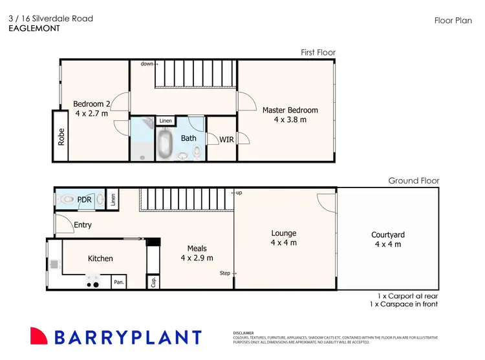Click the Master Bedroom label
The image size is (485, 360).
coord(290,110)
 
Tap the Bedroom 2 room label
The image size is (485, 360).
coord(91,104)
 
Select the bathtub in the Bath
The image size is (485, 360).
coord(165,145)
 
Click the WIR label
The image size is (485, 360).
coord(226,139)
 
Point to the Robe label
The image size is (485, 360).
coord(61,136)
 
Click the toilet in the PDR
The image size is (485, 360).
coord(67,200)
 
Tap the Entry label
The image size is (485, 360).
coord(83,225)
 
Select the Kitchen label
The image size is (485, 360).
coord(100,259)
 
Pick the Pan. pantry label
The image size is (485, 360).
coord(119,282)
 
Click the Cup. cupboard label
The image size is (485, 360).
coord(153,282)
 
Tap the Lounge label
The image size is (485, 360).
coord(284,233)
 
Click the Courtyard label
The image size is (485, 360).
coord(388,235)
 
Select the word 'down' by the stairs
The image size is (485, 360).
coord(147,64)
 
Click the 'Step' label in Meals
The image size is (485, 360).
coord(225,273)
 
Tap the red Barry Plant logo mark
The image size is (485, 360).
coord(39,337)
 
